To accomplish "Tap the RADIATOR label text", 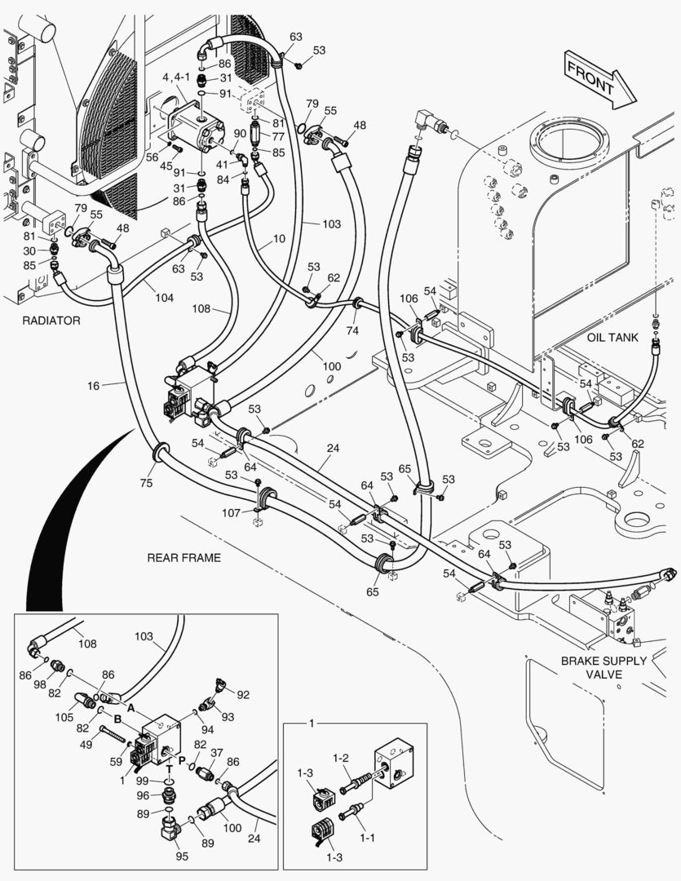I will pyautogui.click(x=51, y=321).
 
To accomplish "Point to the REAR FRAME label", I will pyautogui.click(x=184, y=558).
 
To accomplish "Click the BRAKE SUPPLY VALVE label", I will pyautogui.click(x=604, y=667).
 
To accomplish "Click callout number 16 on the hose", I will pyautogui.click(x=95, y=384).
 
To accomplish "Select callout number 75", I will pyautogui.click(x=146, y=483).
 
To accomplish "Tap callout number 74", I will pyautogui.click(x=352, y=330).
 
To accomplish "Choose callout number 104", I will pyautogui.click(x=164, y=298).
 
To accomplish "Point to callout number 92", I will pyautogui.click(x=242, y=694).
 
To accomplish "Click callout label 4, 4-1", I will pyautogui.click(x=176, y=77).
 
